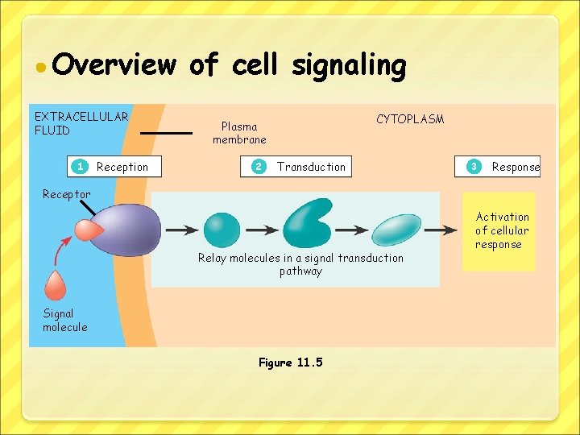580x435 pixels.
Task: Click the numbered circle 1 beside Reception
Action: click(x=80, y=167)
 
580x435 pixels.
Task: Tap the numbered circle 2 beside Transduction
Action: click(x=259, y=167)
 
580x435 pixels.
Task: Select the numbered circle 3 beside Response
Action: click(x=474, y=167)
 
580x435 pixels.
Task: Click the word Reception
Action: click(x=122, y=167)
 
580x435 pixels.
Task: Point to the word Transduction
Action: click(x=311, y=167)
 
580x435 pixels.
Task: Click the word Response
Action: click(x=516, y=167)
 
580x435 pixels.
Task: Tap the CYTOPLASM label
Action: click(x=410, y=119)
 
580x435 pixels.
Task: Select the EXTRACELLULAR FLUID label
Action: click(x=81, y=123)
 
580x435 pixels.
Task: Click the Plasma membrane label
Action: click(x=239, y=133)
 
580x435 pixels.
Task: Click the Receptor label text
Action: click(x=67, y=194)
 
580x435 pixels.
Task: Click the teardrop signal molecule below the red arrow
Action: click(x=56, y=285)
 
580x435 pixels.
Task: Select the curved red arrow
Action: click(x=60, y=253)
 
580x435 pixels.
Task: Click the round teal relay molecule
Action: click(x=222, y=229)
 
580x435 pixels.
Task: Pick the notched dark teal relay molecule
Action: click(x=309, y=222)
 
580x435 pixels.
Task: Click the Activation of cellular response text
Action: click(x=502, y=230)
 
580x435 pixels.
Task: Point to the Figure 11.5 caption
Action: click(x=290, y=362)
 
